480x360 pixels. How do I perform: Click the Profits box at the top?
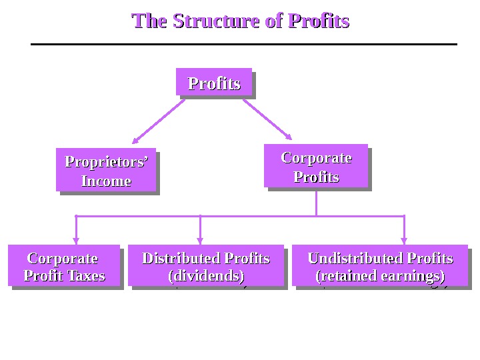[x=214, y=83]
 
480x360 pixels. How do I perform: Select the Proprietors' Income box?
[x=106, y=171]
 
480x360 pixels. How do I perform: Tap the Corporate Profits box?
[x=316, y=167]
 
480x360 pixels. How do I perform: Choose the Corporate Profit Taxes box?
[x=64, y=266]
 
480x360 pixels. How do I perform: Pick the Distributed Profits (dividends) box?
[x=206, y=266]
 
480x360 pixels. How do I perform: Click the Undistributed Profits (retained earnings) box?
[x=380, y=266]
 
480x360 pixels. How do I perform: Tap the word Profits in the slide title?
[x=319, y=21]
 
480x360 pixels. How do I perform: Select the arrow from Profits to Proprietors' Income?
[x=159, y=121]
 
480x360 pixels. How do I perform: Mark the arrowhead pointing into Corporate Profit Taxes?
[x=76, y=241]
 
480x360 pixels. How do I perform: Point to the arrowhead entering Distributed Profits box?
[x=200, y=241]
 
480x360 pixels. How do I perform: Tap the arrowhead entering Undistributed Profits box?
[x=404, y=241]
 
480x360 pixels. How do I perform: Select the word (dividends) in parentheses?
[x=206, y=275]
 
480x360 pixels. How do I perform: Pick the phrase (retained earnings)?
[x=380, y=275]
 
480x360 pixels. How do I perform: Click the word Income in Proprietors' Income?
[x=106, y=181]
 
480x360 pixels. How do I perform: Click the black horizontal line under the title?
[x=244, y=45]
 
